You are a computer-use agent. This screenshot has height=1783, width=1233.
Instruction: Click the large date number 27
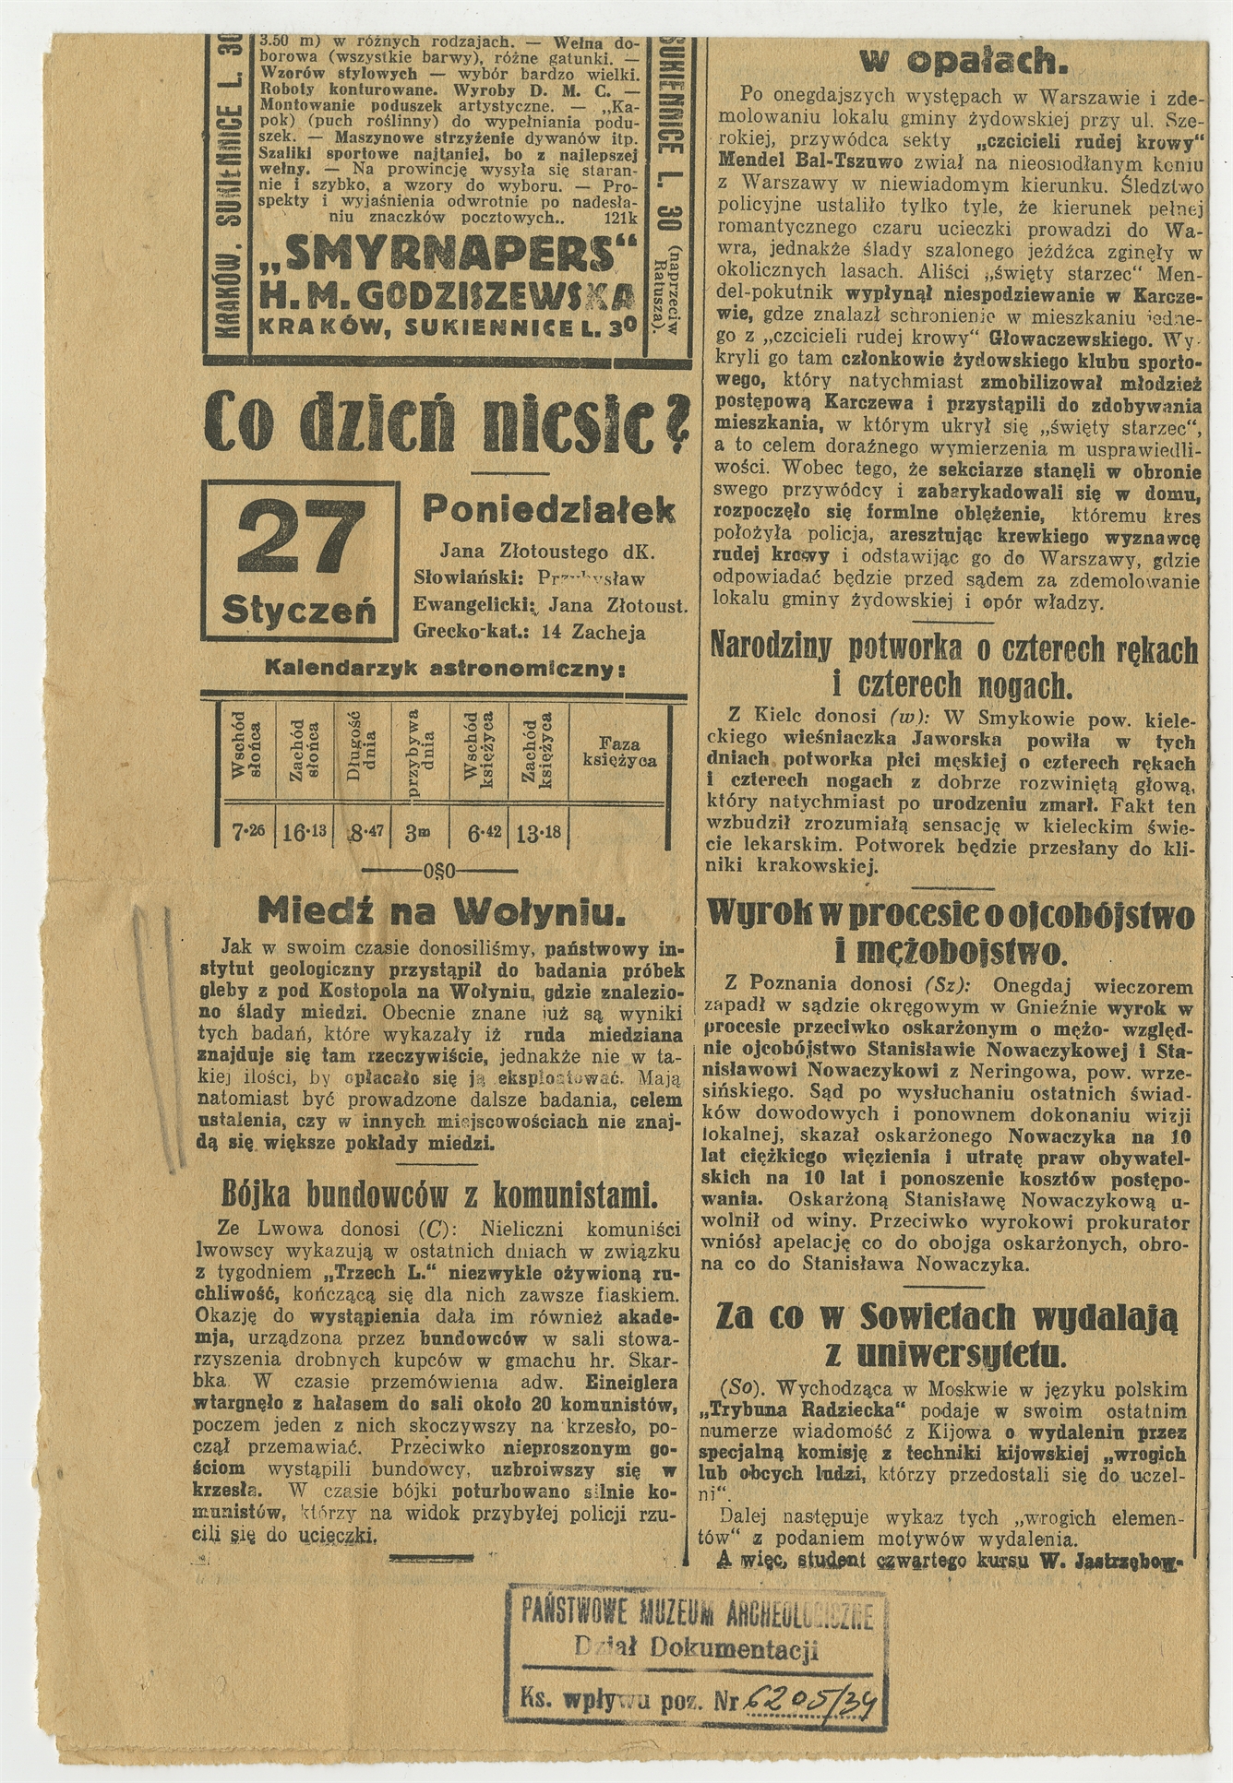pos(299,538)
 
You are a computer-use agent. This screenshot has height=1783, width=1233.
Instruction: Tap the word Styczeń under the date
pos(298,608)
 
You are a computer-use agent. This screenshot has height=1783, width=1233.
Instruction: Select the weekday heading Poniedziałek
pos(548,509)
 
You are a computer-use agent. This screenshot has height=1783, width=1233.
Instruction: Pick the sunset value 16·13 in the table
pos(304,832)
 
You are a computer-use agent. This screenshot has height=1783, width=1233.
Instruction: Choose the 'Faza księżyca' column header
pos(619,752)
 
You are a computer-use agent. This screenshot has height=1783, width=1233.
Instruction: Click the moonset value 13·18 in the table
pos(539,832)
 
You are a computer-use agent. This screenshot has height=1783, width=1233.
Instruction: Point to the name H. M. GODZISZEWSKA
pos(449,293)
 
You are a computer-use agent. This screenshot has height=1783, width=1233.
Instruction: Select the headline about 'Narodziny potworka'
pos(953,665)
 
